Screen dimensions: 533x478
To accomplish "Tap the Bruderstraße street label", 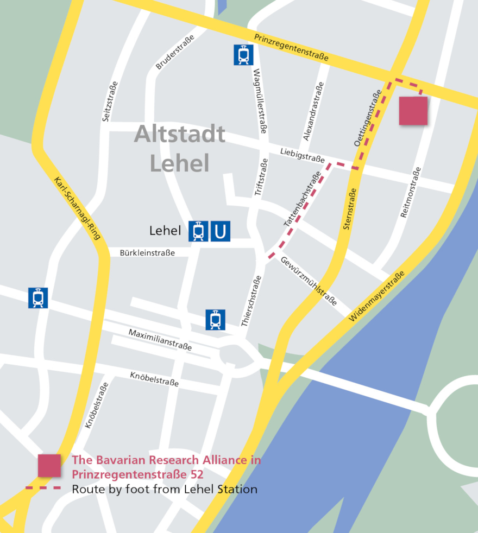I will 174,52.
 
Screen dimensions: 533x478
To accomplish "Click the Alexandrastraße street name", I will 313,111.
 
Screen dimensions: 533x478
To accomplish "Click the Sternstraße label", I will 350,209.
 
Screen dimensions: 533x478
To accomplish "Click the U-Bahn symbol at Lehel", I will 220,231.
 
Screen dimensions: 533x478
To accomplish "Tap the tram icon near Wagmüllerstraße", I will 243,55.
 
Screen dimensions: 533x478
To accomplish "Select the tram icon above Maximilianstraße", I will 215,319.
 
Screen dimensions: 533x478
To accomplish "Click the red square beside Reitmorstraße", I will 413,111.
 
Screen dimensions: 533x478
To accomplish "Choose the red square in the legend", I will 49,466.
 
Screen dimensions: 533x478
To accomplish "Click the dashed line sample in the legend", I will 43,488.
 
